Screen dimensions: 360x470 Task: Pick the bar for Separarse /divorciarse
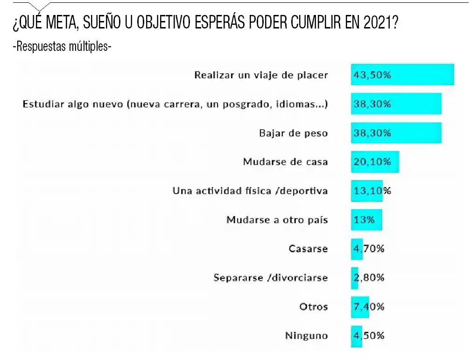(x=355, y=278)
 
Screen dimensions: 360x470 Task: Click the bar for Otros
(x=360, y=307)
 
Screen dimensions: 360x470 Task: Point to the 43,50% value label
(x=372, y=75)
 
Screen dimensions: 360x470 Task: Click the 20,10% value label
(x=372, y=162)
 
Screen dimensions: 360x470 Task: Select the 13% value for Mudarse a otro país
(x=364, y=220)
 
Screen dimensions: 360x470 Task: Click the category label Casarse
(x=308, y=249)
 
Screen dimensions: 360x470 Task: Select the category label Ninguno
(x=306, y=336)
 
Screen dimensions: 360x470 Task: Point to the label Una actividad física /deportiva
(x=250, y=191)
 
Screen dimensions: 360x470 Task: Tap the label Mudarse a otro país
(x=277, y=220)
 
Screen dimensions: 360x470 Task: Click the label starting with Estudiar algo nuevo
(x=175, y=104)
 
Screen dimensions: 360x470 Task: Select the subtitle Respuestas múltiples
(x=62, y=47)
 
